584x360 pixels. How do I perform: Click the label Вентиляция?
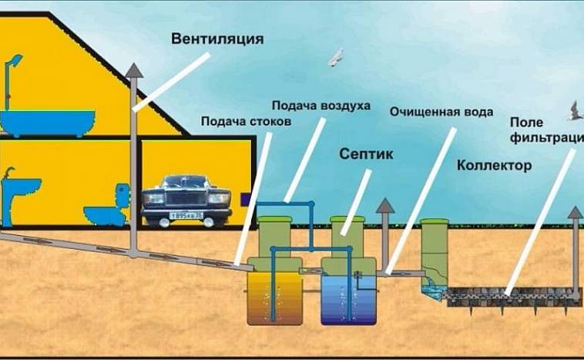218,39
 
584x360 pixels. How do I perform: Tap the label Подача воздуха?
321,105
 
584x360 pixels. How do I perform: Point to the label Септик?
366,154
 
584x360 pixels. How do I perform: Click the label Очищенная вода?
441,111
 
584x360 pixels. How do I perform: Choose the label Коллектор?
494,166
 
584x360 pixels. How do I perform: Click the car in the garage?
186,200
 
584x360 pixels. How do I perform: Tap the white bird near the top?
336,57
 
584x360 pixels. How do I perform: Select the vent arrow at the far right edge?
574,210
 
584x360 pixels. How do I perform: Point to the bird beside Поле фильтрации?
575,110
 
